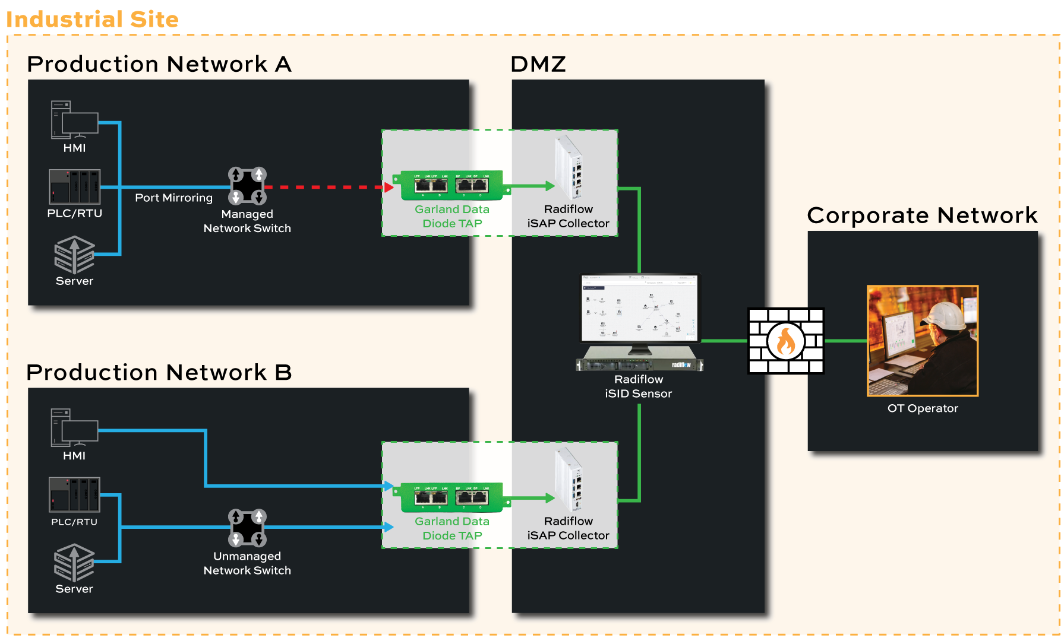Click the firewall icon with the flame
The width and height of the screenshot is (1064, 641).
tap(785, 341)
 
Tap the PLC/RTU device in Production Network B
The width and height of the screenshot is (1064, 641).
tap(74, 494)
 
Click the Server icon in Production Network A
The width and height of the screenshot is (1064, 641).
tap(74, 255)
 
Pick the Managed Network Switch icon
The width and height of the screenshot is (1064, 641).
tap(247, 186)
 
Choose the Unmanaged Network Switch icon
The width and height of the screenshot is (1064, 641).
tap(247, 527)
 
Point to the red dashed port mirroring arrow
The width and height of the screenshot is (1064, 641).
tap(327, 187)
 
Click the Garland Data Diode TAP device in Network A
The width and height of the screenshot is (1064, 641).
tap(452, 185)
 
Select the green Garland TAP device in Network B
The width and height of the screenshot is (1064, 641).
tap(452, 497)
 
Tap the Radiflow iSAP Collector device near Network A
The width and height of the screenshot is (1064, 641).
tap(569, 167)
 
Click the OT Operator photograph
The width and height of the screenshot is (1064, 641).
tap(922, 341)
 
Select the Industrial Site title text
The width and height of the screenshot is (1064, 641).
tap(92, 19)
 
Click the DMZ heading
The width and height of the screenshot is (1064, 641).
tap(538, 64)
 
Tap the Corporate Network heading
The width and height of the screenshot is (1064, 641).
tap(922, 215)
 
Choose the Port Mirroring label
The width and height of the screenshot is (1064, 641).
tap(173, 198)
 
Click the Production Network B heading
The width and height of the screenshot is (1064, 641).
tap(159, 373)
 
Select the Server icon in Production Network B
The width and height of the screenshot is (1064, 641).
tap(74, 563)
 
